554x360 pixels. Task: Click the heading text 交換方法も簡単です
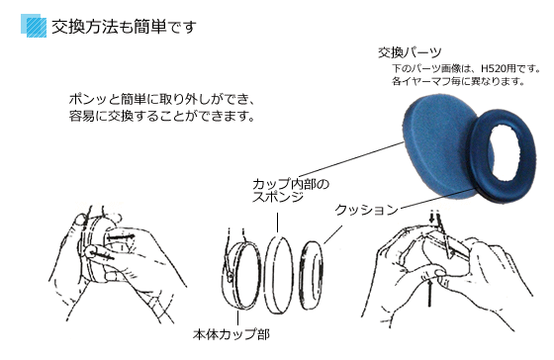pos(113,24)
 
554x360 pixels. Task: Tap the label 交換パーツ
pos(409,51)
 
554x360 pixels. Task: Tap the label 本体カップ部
pos(230,333)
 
